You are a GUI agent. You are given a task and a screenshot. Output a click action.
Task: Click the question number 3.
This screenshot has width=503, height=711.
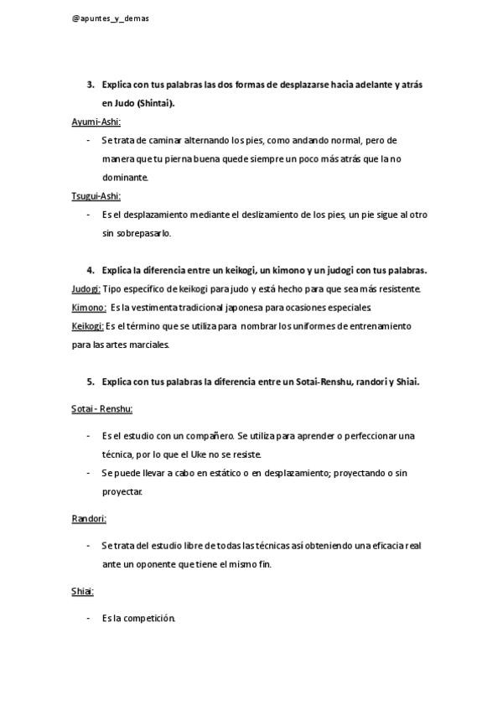coord(90,85)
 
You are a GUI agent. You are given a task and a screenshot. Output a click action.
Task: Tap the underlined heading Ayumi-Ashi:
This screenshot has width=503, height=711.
coord(96,122)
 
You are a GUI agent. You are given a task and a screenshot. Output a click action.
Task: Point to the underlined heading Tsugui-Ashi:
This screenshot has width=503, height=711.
coord(96,196)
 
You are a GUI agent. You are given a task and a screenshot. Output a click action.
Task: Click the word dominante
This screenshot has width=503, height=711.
coord(125,178)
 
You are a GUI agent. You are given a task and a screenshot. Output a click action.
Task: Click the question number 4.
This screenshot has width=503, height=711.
coord(90,271)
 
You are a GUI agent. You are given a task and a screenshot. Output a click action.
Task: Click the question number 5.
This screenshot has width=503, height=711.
coord(90,381)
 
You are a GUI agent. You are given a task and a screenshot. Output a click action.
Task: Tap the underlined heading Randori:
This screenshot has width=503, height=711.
coord(89,519)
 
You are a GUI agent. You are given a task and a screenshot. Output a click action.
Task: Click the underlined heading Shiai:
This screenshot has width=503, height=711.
coord(82,591)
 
